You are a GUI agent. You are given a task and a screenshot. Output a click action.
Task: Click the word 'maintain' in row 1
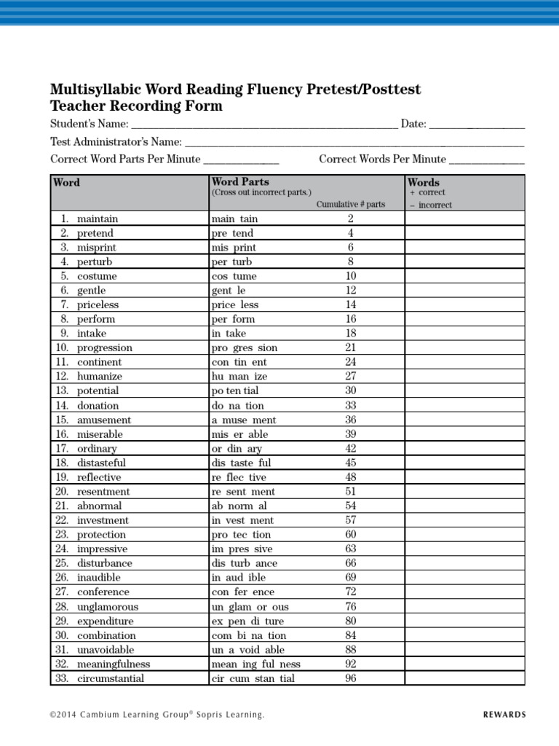point(98,219)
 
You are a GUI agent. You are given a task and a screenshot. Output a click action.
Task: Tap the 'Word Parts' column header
point(239,181)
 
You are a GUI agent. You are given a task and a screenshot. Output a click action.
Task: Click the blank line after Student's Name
point(264,125)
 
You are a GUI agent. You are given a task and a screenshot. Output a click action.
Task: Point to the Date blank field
point(477,125)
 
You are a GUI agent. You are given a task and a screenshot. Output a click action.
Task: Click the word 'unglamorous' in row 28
point(108,606)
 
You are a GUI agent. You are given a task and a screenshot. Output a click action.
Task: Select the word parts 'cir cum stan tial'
point(253,678)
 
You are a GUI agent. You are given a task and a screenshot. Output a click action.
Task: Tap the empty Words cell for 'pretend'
point(464,233)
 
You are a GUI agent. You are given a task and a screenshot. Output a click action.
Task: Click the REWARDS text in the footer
point(504,715)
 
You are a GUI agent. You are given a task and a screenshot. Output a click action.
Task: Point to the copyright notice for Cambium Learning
point(157,715)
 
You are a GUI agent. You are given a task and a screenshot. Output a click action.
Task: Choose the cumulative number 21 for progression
point(350,348)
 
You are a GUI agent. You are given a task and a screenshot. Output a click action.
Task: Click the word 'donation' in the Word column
point(98,405)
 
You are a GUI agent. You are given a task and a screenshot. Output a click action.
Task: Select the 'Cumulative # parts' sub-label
point(350,204)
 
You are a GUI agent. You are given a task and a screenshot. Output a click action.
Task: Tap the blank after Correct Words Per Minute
point(486,160)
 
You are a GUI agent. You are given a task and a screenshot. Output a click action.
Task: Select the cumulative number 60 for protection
point(350,534)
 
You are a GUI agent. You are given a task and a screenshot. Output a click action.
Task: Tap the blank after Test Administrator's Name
point(354,142)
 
